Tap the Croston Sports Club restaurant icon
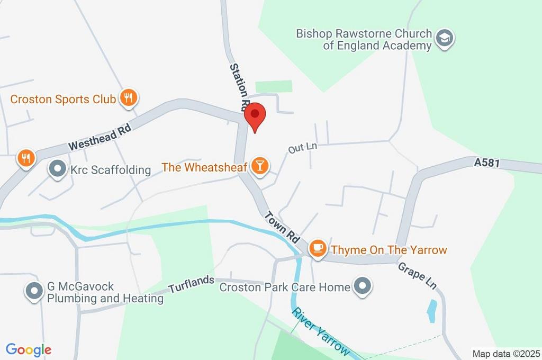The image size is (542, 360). (129, 98)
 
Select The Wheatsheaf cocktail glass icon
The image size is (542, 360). (259, 166)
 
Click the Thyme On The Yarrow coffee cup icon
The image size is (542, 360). (318, 248)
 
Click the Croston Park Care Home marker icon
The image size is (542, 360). (363, 286)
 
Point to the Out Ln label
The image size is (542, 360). (302, 148)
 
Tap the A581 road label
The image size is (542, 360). (487, 164)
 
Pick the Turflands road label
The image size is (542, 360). (192, 284)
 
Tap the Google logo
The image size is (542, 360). (29, 349)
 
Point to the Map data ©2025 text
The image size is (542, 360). (507, 353)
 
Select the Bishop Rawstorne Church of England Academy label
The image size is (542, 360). (364, 40)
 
